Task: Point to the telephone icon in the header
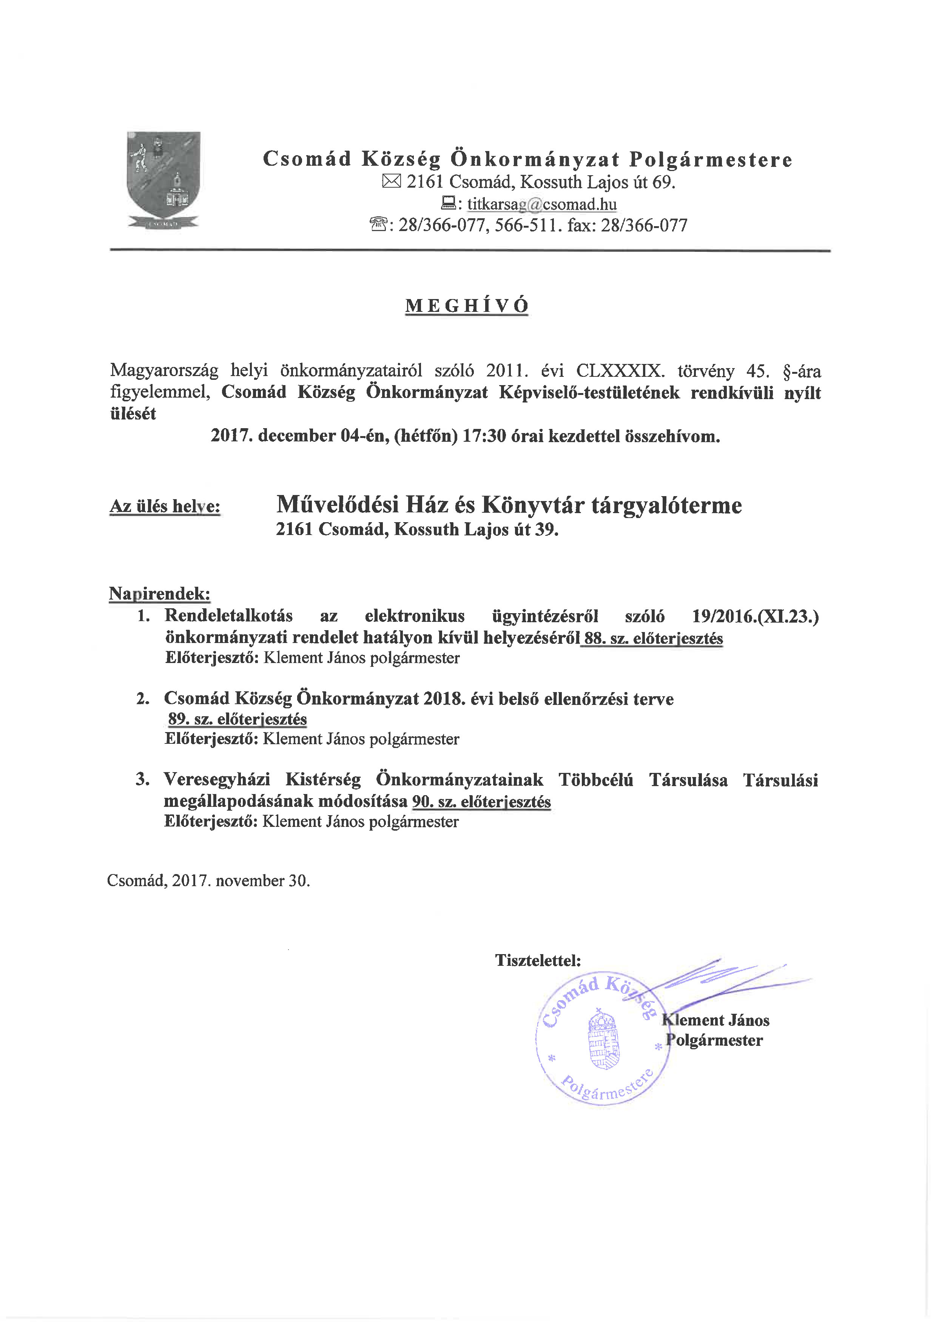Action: click(379, 225)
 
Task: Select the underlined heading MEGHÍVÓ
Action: click(466, 305)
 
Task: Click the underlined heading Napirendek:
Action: click(160, 594)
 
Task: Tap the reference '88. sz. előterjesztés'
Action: click(654, 638)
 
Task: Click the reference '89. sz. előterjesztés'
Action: click(237, 719)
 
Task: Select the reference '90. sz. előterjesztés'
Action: click(481, 802)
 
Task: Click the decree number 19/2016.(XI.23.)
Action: click(755, 616)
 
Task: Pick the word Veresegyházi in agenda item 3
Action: click(217, 780)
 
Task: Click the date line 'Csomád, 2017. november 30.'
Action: click(209, 880)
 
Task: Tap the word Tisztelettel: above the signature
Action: click(538, 960)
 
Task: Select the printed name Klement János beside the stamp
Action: click(716, 1020)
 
